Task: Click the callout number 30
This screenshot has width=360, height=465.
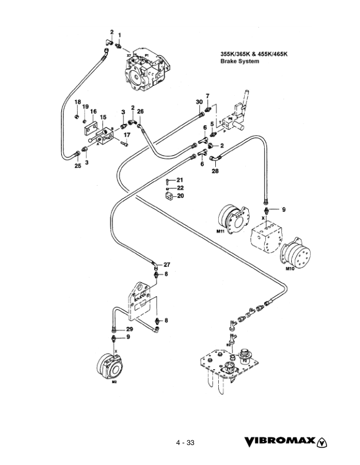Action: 199,102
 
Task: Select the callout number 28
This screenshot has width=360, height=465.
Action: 215,171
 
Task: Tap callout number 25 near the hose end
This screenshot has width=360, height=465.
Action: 77,166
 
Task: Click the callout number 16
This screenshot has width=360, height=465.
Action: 93,111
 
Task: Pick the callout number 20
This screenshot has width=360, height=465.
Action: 180,196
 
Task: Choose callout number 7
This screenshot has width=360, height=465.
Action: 207,95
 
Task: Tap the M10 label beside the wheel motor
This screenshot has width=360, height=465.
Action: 289,269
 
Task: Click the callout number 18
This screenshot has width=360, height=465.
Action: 76,102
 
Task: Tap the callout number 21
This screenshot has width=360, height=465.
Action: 180,179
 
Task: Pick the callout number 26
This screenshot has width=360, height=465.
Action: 140,111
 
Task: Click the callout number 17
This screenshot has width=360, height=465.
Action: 126,135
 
